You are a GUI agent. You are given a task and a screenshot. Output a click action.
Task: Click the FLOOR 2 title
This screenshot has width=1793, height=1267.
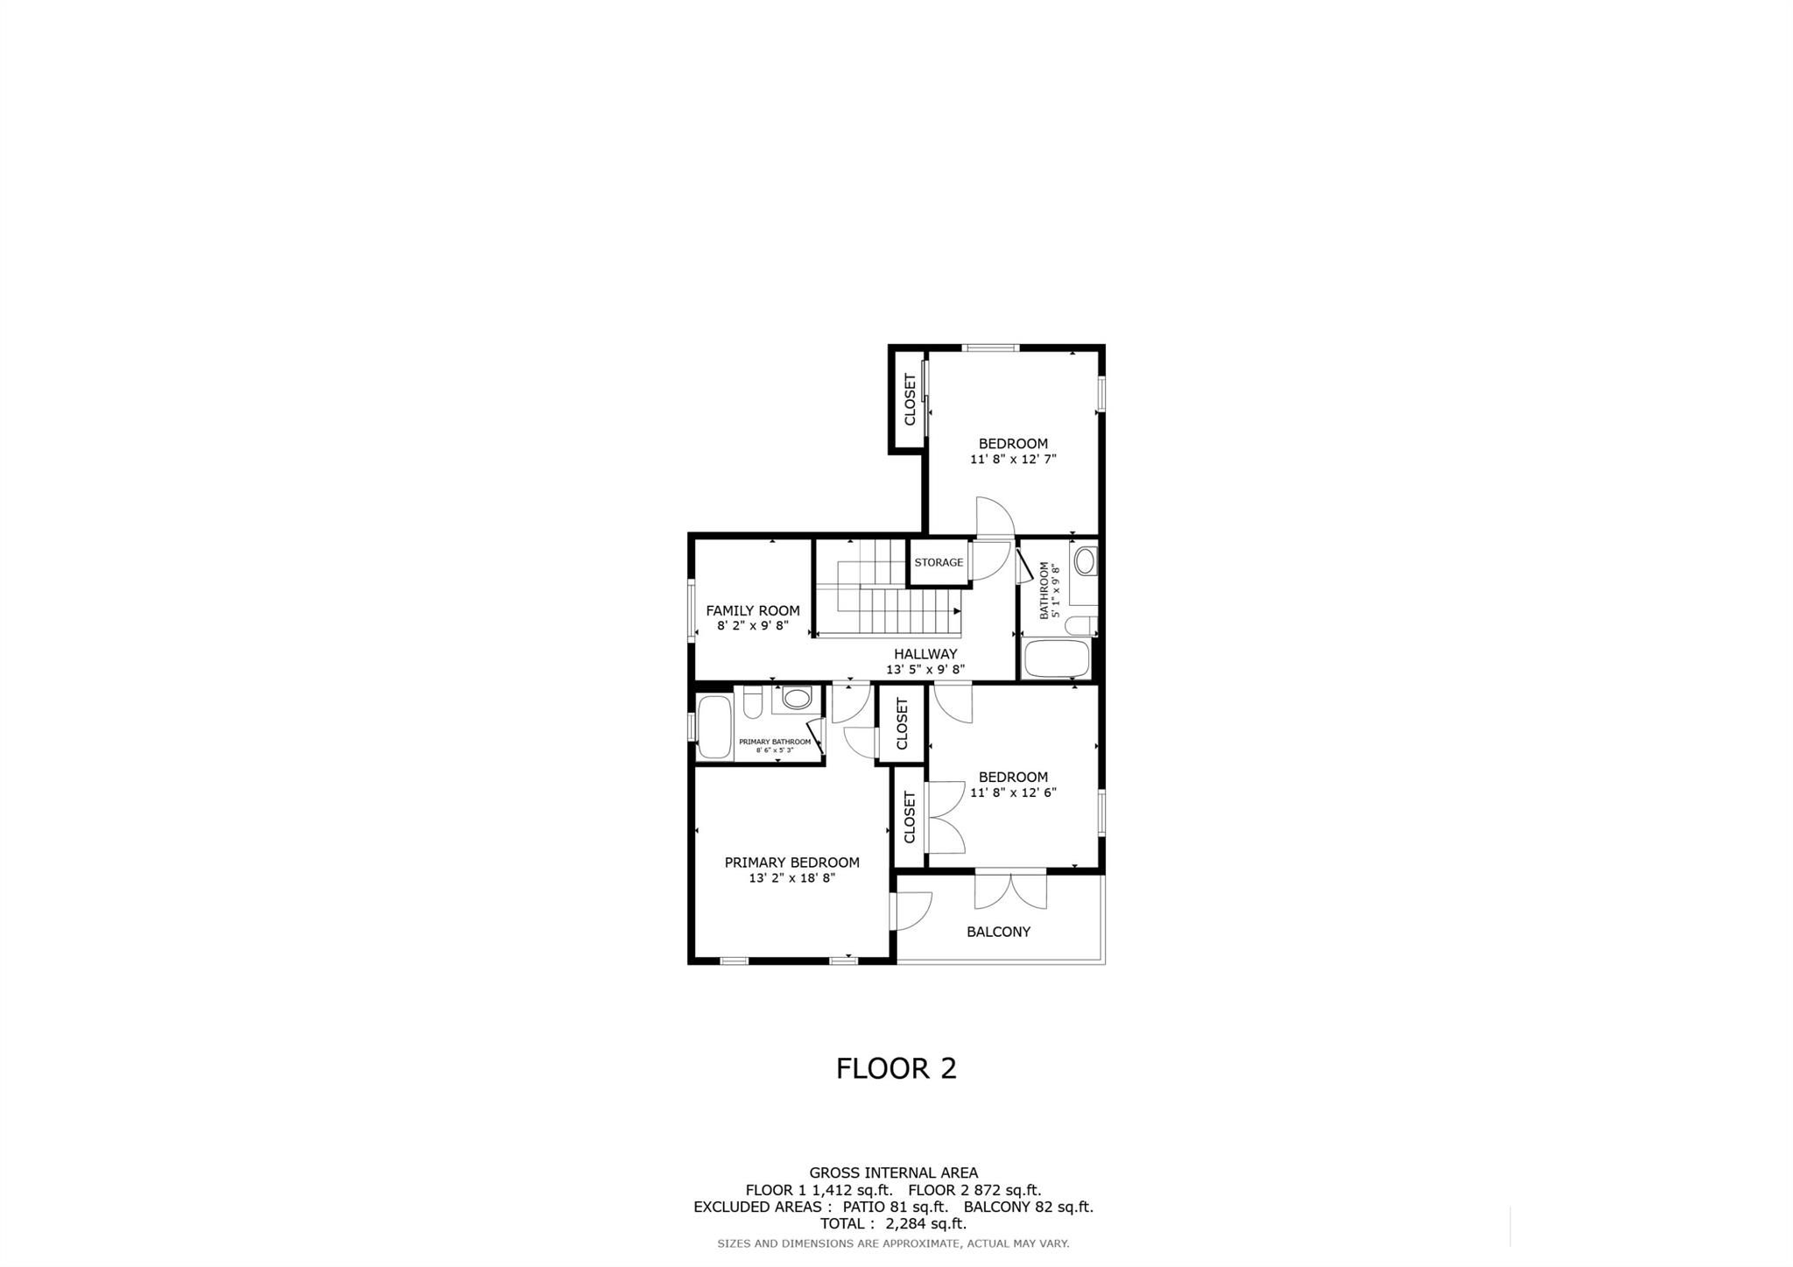coord(896,1068)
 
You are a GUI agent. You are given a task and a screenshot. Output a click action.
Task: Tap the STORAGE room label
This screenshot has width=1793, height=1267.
coord(939,562)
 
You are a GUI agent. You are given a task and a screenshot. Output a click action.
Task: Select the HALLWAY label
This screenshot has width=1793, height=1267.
coord(925,654)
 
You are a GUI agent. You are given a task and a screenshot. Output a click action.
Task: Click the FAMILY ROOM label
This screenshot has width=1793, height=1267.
coord(753,611)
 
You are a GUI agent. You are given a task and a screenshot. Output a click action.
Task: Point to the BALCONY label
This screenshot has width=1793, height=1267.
coord(998,932)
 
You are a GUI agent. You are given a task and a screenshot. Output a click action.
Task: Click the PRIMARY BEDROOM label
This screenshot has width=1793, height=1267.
coord(791,862)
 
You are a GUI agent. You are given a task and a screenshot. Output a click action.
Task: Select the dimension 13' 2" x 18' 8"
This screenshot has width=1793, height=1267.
coord(792,878)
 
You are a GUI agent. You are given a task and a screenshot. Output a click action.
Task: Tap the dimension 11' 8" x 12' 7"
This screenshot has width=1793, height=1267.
coord(1013,459)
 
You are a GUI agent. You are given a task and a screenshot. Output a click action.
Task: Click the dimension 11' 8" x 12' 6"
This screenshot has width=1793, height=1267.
coord(1013,792)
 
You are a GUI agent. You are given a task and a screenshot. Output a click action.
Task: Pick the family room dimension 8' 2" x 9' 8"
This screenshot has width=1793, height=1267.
coord(753,626)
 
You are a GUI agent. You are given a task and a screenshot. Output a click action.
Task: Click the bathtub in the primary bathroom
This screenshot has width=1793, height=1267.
coord(714,727)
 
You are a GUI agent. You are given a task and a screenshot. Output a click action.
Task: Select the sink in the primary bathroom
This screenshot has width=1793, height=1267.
coord(797,698)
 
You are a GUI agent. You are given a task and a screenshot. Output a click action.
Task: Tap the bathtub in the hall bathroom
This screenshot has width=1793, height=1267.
coord(1057,658)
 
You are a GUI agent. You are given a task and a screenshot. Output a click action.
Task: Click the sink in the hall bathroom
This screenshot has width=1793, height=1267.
coord(1085,560)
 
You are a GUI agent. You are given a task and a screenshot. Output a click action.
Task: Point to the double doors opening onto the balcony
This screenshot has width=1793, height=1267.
coord(1010,890)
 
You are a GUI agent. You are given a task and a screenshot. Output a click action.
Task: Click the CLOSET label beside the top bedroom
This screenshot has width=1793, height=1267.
coord(910,400)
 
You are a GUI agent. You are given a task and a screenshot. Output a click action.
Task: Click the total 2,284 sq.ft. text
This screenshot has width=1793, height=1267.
coord(893,1224)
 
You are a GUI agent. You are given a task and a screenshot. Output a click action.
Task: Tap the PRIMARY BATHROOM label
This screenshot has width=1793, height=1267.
coord(775,742)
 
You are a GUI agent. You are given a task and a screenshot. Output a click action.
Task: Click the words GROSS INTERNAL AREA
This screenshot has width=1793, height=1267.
coord(893,1173)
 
